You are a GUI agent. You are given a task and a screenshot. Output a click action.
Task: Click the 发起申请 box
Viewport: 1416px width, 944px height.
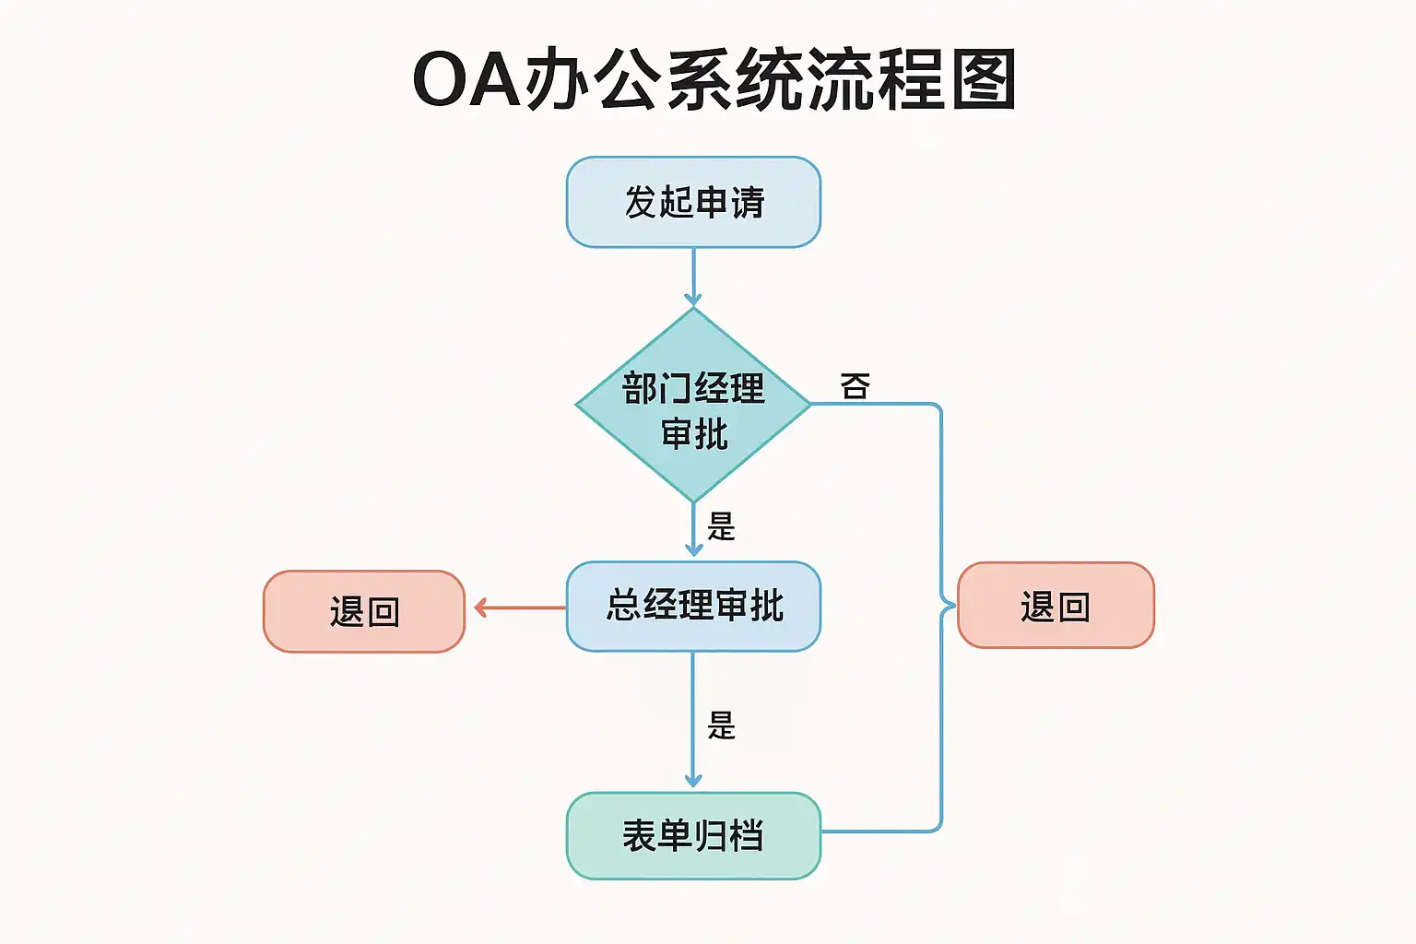(693, 202)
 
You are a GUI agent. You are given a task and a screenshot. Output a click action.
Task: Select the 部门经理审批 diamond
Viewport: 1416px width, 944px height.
(693, 406)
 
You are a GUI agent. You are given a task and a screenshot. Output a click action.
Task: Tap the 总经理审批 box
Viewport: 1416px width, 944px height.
(693, 606)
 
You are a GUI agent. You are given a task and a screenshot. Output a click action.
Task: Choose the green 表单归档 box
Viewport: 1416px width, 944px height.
(693, 835)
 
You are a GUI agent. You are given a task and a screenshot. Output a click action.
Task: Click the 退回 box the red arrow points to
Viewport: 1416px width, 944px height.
(364, 611)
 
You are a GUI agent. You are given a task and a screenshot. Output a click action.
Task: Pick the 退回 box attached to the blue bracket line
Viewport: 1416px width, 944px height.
(1056, 606)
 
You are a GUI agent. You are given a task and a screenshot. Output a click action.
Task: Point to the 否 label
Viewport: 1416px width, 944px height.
(855, 386)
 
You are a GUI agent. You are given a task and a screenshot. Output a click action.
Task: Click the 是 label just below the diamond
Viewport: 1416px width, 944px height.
(721, 526)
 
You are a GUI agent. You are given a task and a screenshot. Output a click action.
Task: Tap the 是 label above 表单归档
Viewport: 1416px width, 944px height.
(721, 726)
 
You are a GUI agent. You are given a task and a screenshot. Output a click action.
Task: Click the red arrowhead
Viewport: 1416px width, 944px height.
(480, 608)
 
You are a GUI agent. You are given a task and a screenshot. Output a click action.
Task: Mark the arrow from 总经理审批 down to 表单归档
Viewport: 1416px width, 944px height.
(693, 719)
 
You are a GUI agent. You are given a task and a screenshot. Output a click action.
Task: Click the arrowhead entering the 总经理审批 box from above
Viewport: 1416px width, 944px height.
(693, 549)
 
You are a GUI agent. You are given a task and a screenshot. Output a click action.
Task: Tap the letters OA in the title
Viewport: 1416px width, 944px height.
(466, 80)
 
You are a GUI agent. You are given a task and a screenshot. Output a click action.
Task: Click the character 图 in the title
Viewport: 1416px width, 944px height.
(984, 80)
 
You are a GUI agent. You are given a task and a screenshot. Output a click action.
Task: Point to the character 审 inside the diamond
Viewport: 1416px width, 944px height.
(677, 433)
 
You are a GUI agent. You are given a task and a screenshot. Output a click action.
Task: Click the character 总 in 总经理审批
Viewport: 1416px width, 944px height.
(624, 606)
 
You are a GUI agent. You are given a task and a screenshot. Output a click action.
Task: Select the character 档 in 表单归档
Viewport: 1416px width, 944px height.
(746, 835)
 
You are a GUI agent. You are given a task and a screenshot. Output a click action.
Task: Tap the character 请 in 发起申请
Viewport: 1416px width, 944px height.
(748, 202)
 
